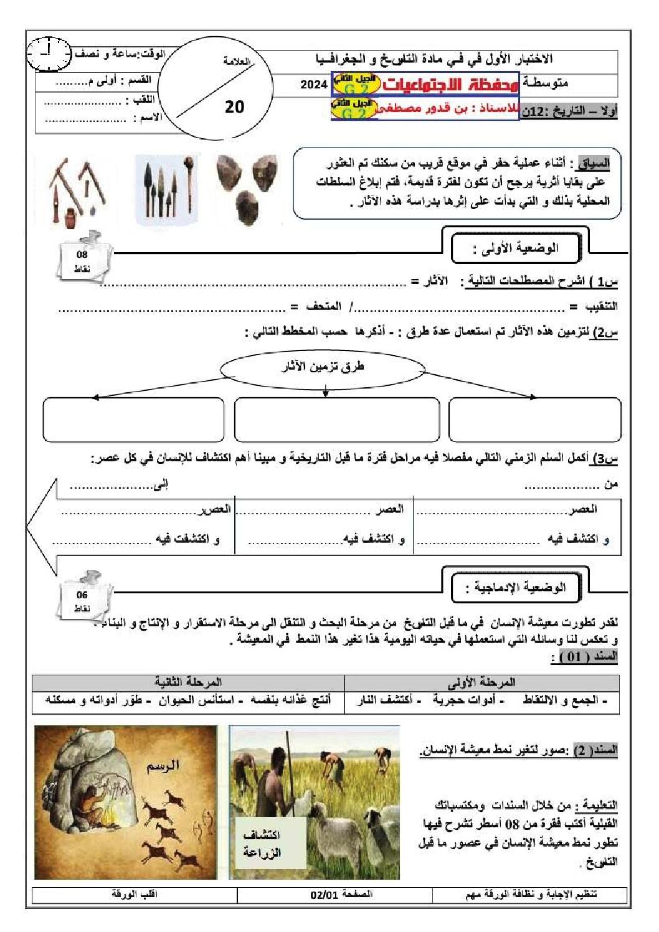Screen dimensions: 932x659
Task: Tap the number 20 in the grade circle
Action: click(234, 106)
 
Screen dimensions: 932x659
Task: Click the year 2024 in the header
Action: click(313, 85)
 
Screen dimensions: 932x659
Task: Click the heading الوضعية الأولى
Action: click(516, 248)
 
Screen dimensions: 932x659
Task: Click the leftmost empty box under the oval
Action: click(133, 420)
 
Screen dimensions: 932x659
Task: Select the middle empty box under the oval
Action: click(336, 420)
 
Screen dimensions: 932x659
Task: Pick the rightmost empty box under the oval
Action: click(534, 420)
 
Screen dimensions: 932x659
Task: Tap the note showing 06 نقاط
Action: click(83, 601)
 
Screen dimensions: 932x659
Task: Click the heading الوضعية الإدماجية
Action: click(516, 587)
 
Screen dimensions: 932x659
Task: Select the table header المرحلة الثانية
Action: click(188, 682)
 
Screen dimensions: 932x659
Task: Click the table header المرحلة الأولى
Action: click(481, 682)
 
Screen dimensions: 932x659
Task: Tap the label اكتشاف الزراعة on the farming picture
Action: click(262, 844)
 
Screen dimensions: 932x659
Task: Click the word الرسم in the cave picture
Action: click(163, 765)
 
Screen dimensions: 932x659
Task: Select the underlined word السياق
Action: click(592, 164)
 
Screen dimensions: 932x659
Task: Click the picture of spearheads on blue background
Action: click(168, 189)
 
